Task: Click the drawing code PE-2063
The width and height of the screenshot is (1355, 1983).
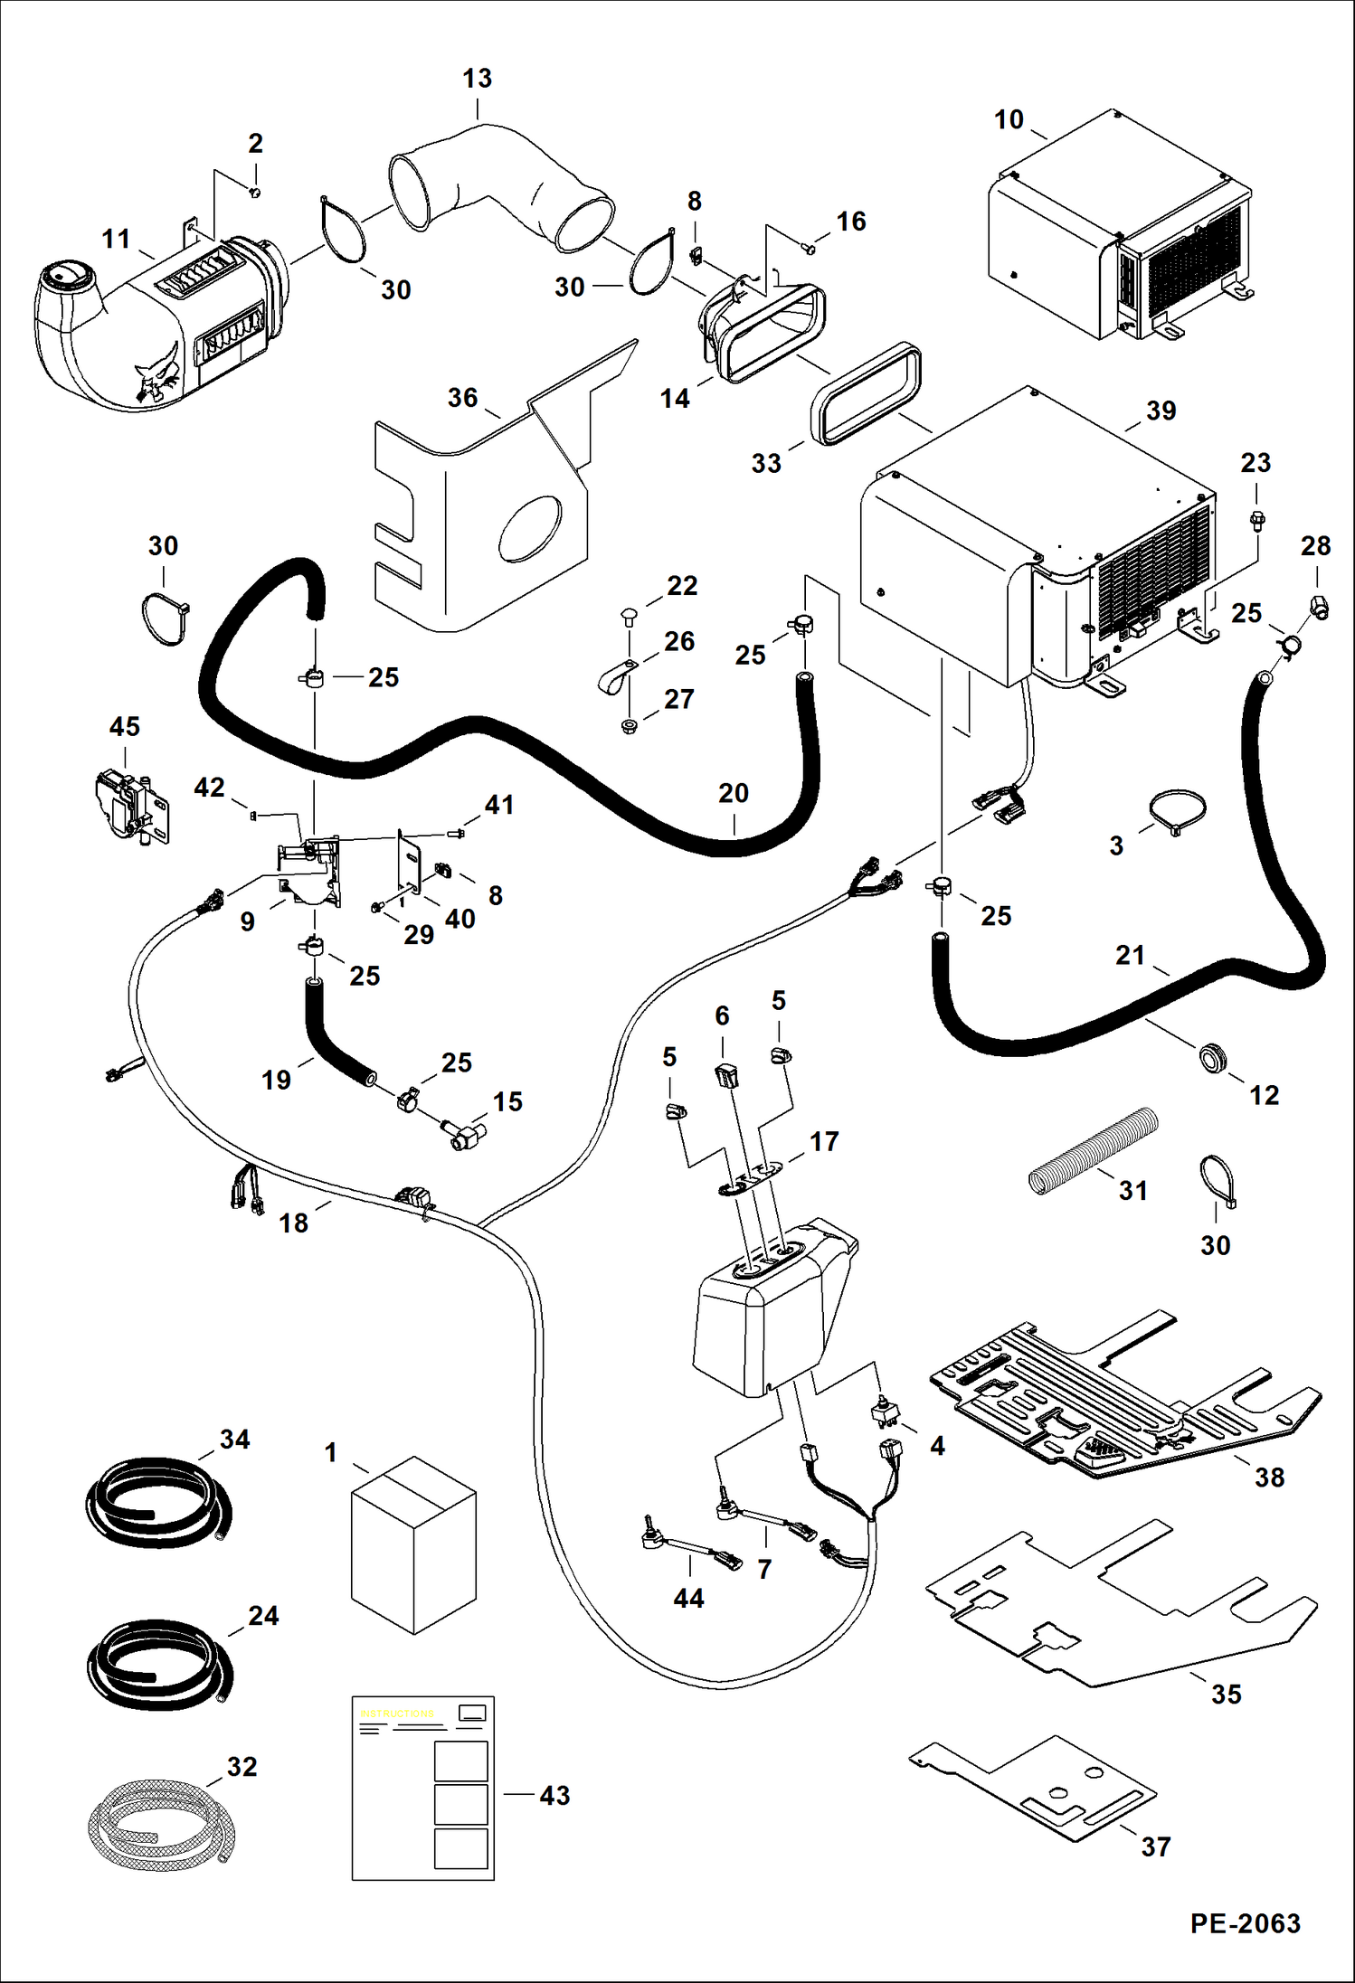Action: click(x=1245, y=1922)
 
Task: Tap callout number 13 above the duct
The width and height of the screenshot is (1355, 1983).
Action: click(x=477, y=79)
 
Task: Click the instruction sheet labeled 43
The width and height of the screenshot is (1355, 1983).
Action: click(x=422, y=1788)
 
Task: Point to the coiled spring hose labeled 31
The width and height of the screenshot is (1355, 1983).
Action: click(x=1094, y=1150)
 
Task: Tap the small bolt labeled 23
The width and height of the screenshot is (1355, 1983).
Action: click(x=1256, y=519)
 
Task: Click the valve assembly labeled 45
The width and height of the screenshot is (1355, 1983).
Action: click(x=130, y=805)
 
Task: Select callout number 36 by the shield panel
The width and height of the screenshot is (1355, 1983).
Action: click(x=462, y=398)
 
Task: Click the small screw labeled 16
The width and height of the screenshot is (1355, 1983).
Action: click(x=810, y=244)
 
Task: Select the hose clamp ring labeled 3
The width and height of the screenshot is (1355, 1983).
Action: click(x=1178, y=811)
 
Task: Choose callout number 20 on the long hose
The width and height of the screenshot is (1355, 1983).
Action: click(x=733, y=793)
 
